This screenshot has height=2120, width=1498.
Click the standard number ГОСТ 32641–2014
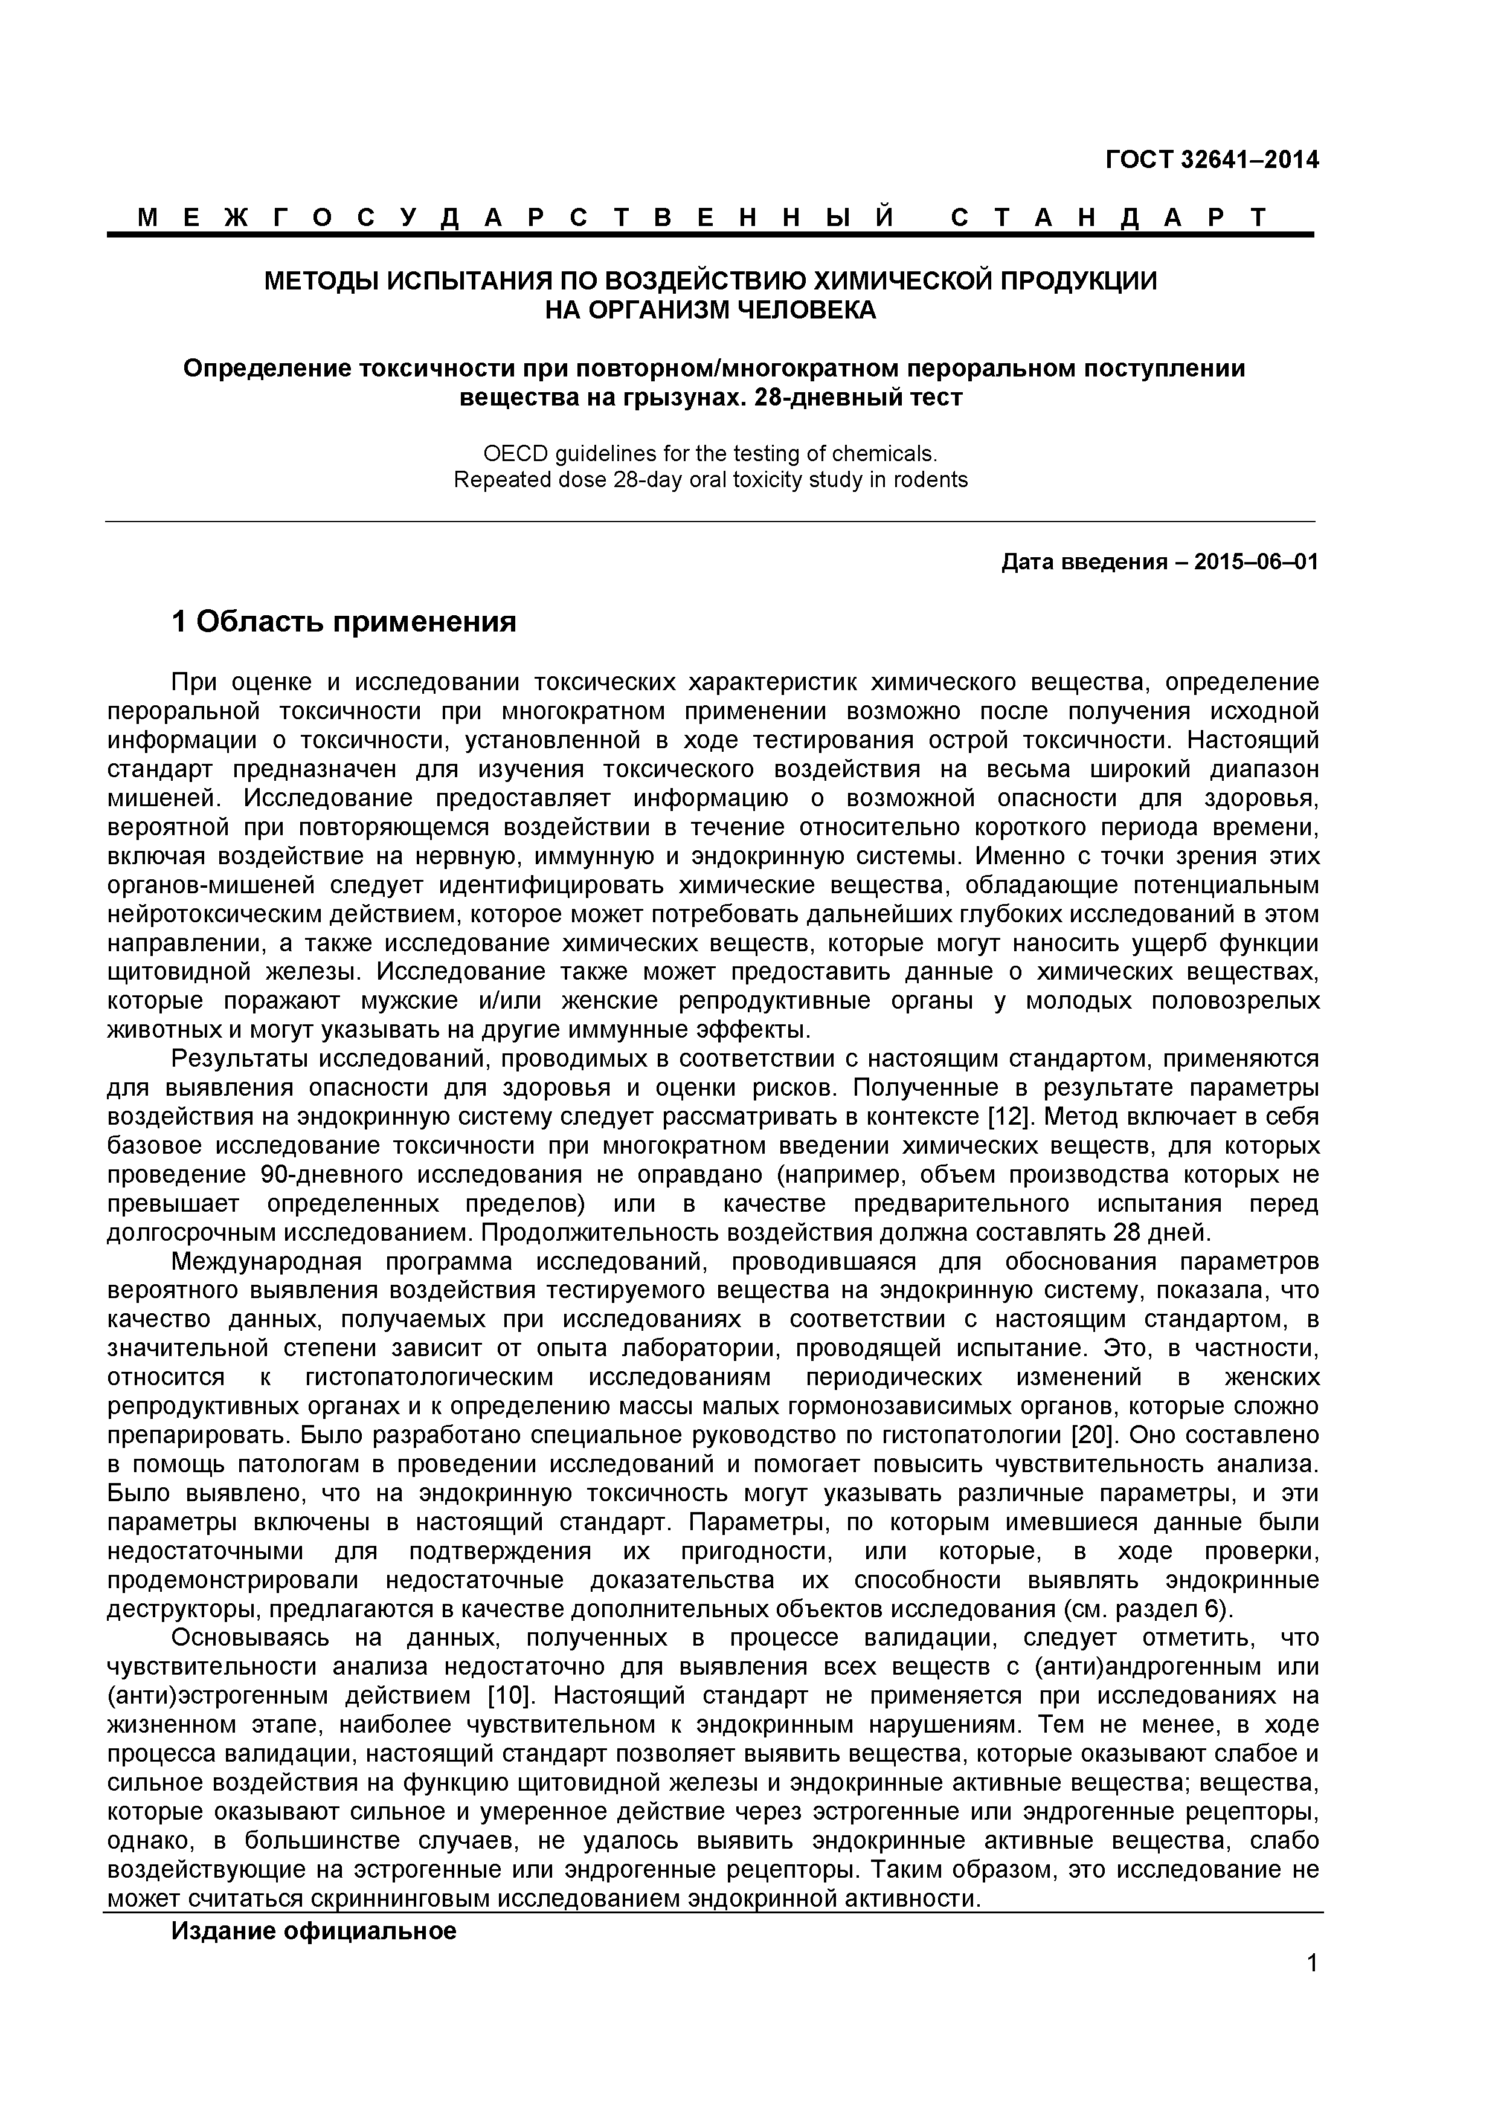(1212, 160)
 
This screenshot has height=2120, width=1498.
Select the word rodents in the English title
(932, 480)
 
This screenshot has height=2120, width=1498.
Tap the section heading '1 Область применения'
(343, 622)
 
